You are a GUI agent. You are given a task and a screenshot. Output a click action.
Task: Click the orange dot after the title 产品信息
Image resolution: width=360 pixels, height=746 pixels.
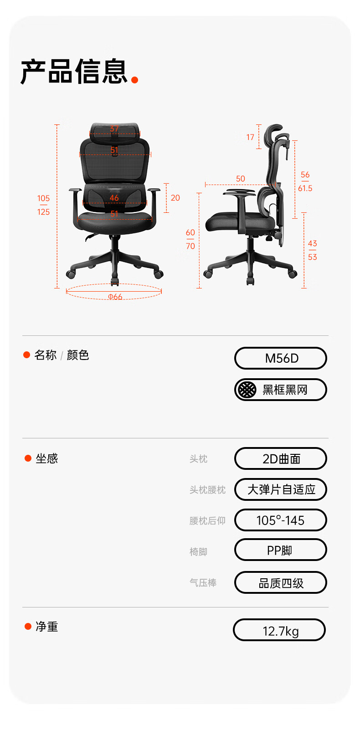(x=134, y=80)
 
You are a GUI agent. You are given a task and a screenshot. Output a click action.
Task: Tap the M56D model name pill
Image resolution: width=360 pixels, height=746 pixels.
(x=281, y=358)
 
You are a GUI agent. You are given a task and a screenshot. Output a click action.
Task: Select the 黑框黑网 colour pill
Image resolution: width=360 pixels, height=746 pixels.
(x=281, y=389)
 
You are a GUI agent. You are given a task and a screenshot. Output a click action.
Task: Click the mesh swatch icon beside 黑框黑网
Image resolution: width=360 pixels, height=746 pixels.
(x=247, y=389)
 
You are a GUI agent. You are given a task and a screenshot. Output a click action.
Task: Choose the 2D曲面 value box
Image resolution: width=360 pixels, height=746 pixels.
(x=281, y=458)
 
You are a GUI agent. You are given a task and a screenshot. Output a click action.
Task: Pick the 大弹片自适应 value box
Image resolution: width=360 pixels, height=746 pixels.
(x=281, y=489)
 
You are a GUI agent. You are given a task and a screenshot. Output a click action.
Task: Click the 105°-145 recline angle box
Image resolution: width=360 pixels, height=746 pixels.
(x=281, y=520)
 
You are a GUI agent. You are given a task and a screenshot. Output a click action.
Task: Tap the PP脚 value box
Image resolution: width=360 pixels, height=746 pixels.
(x=281, y=550)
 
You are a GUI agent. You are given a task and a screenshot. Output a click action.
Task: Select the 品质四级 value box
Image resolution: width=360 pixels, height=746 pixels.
(x=281, y=582)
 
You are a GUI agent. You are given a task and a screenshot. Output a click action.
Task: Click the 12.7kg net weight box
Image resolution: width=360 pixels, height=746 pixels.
(x=279, y=630)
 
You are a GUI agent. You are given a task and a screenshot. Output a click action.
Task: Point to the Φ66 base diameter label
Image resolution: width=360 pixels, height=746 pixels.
(x=115, y=296)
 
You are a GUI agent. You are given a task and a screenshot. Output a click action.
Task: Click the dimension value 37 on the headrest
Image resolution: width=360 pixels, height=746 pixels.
(x=114, y=129)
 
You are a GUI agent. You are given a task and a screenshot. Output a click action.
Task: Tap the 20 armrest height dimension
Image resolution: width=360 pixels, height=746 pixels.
(x=175, y=198)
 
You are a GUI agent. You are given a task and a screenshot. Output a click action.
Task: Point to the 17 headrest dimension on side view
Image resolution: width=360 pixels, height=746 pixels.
(x=250, y=137)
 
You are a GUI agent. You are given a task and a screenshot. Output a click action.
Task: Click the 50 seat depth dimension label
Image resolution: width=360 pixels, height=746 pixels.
(x=241, y=179)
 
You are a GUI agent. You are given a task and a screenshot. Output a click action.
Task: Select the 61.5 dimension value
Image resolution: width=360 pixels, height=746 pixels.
(x=305, y=189)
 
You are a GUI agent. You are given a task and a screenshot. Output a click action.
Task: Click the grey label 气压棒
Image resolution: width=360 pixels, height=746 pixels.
(x=203, y=582)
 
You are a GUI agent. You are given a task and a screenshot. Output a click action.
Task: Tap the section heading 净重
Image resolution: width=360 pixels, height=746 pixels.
(x=47, y=627)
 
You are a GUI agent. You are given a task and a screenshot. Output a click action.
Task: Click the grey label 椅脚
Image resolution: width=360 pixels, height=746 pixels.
(x=199, y=552)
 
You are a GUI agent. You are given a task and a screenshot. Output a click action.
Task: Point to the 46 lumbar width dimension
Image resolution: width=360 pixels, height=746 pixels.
(x=114, y=198)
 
